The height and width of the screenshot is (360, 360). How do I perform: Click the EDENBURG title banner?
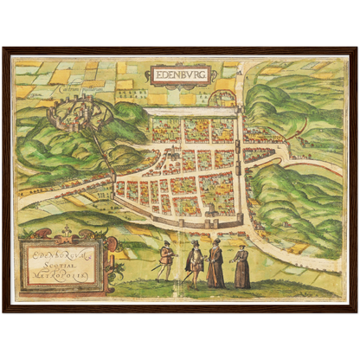[x=178, y=75]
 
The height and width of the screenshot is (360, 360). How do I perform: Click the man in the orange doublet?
[x=165, y=260]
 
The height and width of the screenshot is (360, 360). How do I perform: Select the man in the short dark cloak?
[x=196, y=263]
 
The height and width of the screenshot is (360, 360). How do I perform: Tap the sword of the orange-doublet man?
[x=157, y=267]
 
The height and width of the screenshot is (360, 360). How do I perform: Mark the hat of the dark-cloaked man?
[x=196, y=243]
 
